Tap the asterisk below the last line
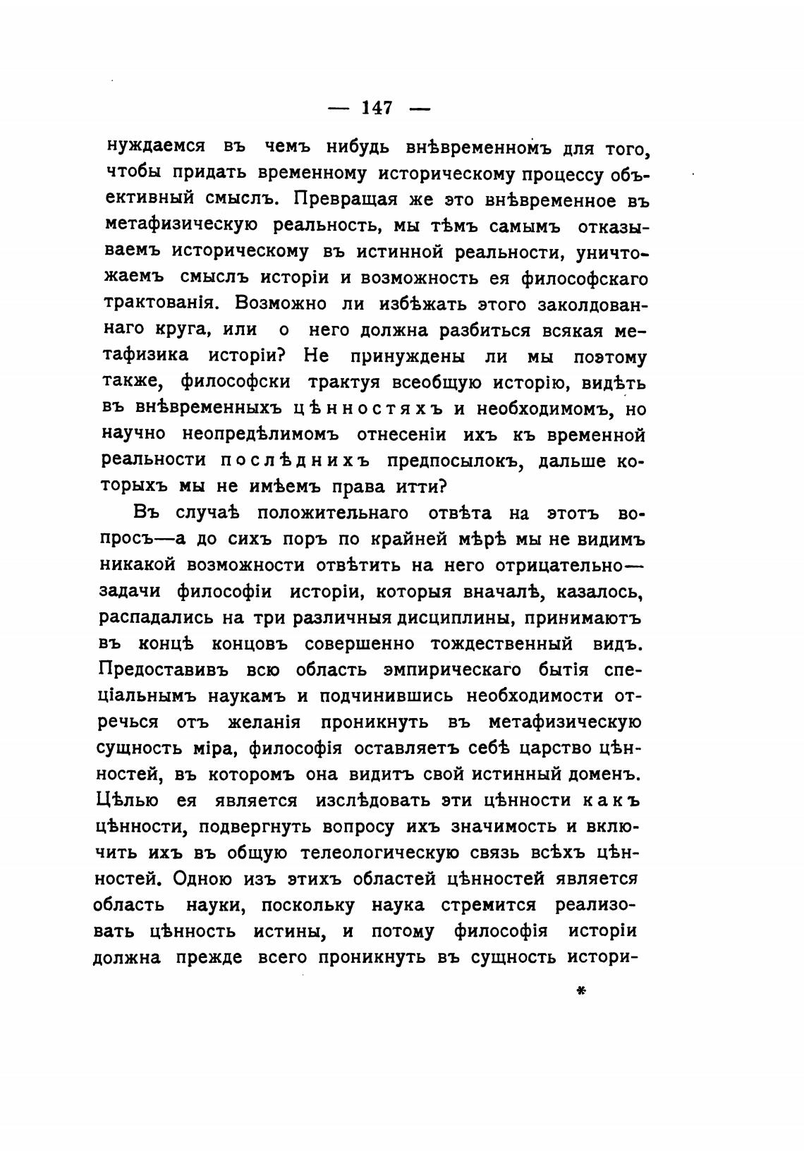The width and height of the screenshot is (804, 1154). click(581, 991)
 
